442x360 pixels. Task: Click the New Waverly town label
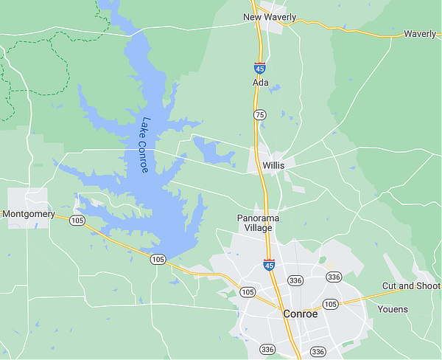point(270,18)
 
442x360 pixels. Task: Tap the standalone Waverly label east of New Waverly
point(420,34)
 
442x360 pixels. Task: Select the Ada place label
point(259,83)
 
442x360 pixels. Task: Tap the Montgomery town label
point(29,214)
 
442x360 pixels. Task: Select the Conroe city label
point(301,314)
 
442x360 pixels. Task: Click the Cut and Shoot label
point(411,285)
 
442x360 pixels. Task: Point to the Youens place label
point(393,309)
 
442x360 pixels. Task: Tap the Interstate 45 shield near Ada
point(260,67)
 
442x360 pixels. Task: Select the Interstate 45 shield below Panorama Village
point(269,263)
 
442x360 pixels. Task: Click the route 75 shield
point(259,115)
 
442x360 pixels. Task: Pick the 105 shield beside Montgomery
point(77,221)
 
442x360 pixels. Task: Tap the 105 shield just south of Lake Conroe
point(157,259)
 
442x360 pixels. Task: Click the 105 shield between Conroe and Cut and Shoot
point(330,304)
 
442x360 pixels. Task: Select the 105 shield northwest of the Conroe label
point(247,292)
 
